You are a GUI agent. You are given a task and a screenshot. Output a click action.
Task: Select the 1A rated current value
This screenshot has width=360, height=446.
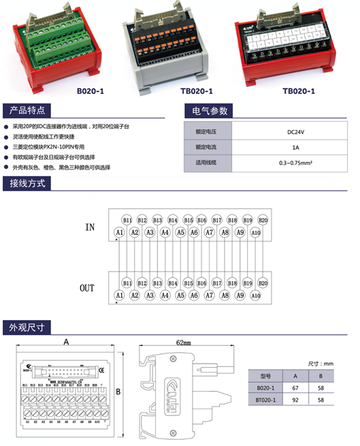click(x=294, y=148)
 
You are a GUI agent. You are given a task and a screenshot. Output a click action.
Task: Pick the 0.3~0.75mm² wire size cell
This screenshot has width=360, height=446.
click(x=294, y=163)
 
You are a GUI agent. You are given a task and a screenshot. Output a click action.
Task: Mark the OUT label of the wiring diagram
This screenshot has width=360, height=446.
click(x=87, y=289)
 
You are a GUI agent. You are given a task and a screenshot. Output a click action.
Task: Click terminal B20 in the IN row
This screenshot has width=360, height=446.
click(x=263, y=220)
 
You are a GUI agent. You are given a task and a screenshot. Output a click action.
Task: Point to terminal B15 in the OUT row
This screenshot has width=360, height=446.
click(x=187, y=283)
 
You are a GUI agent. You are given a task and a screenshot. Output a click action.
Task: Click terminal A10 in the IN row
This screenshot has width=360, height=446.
click(x=255, y=233)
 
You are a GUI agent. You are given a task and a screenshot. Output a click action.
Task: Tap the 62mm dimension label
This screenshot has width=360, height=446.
click(x=182, y=343)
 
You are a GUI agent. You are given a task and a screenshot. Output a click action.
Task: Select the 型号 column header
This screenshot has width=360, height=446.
click(x=265, y=375)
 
